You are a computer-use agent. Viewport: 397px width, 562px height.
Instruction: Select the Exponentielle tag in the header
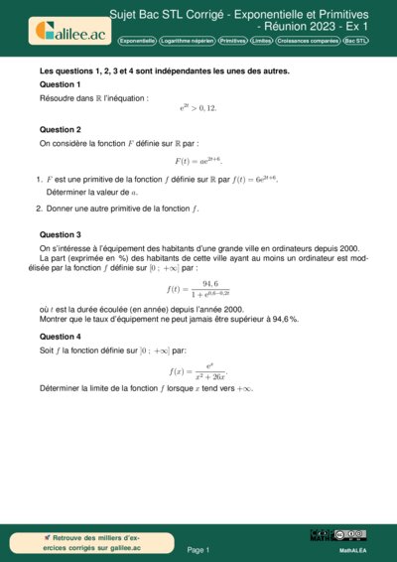point(136,42)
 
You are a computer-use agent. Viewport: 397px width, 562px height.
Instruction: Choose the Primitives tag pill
point(232,42)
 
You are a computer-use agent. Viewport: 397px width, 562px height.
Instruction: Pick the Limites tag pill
point(262,42)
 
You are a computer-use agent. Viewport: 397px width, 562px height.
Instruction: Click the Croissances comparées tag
point(308,42)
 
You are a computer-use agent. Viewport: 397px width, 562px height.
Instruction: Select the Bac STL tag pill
point(354,42)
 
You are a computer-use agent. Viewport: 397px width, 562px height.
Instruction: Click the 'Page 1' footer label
point(198,549)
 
